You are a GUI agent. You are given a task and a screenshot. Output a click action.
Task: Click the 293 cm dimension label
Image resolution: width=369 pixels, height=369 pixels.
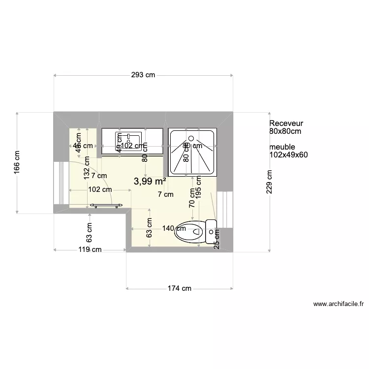click(x=143, y=75)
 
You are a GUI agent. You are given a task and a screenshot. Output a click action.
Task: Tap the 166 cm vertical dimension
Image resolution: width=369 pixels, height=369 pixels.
click(x=17, y=162)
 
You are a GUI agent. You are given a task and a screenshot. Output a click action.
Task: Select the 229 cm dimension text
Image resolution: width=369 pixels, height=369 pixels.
click(x=269, y=182)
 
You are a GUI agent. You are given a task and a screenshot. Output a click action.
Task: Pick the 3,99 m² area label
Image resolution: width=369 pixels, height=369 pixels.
click(x=150, y=181)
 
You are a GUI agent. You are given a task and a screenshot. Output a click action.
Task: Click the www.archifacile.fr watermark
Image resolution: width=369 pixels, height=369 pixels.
click(x=340, y=305)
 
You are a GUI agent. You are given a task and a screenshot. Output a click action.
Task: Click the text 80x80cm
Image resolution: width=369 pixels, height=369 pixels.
click(x=285, y=131)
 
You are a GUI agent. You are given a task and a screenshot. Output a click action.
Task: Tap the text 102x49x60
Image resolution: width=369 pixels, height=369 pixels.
click(x=289, y=155)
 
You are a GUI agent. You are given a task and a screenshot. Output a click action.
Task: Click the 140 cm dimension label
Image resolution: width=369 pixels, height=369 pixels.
click(x=174, y=228)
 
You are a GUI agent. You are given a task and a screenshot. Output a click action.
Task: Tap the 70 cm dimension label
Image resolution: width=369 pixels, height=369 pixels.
click(x=192, y=197)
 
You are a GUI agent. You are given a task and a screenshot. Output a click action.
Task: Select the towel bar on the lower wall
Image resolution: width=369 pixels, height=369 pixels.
click(x=105, y=205)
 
